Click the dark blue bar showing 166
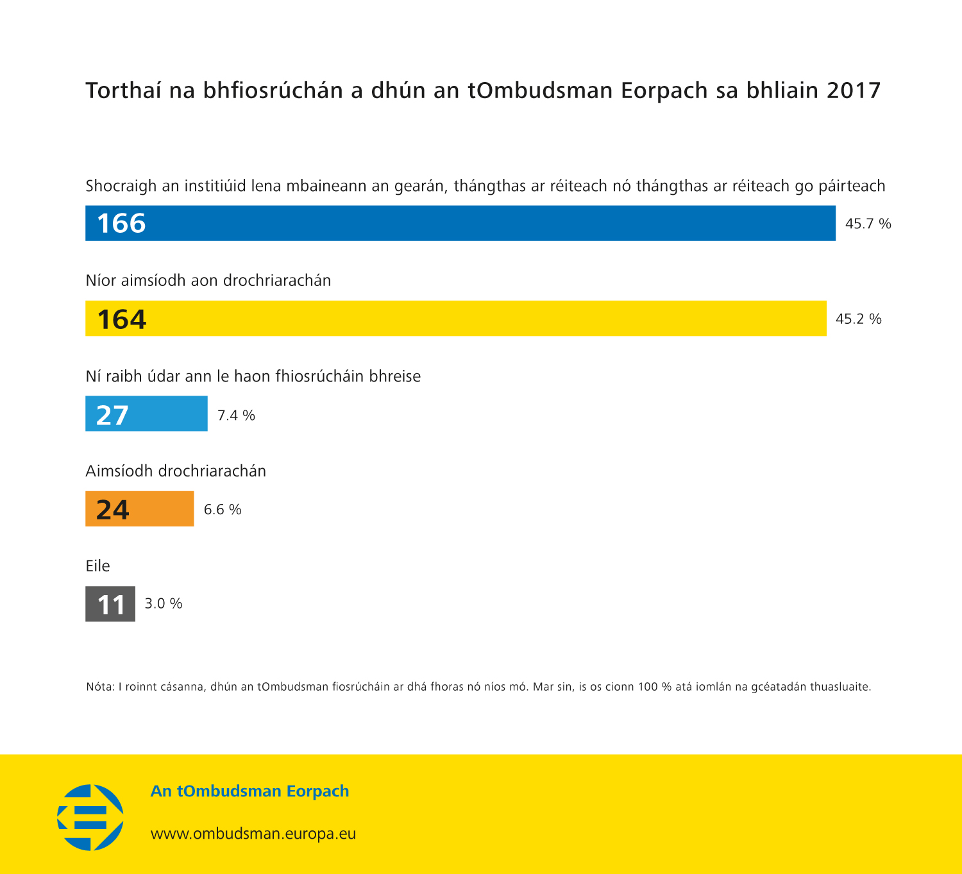coord(460,223)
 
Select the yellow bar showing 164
coord(455,318)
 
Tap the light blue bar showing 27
coord(146,414)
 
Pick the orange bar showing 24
coord(139,508)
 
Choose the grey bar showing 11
coord(110,603)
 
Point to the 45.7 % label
coord(868,224)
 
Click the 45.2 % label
coord(858,319)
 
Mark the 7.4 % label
coord(236,416)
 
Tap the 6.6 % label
coord(223,510)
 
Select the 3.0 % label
coord(164,603)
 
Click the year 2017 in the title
coord(854,90)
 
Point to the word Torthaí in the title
coord(124,91)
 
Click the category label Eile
coord(97,566)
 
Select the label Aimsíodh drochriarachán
coord(176,471)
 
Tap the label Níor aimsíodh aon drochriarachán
coord(208,281)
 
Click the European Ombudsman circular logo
coord(90,817)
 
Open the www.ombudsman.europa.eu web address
coord(253,834)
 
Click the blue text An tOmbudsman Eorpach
coord(249,791)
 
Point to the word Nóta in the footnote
coord(99,687)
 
